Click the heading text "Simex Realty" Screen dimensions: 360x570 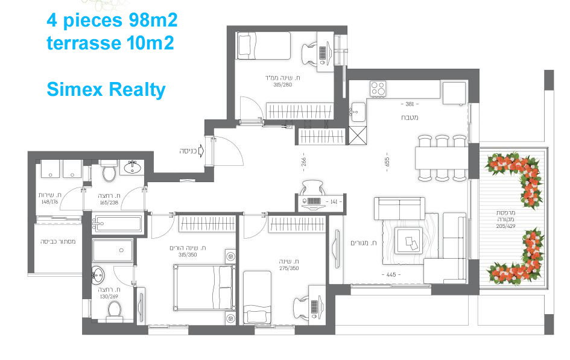tap(106, 90)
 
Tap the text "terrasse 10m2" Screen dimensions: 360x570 tap(110, 43)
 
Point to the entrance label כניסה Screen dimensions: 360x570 tap(189, 150)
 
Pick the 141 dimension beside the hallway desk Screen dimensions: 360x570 tap(333, 201)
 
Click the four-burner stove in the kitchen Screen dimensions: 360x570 tap(378, 89)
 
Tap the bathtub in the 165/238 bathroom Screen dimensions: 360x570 tap(117, 225)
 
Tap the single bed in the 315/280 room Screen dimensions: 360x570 tap(263, 46)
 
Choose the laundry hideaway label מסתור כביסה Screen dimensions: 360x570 tap(57, 241)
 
